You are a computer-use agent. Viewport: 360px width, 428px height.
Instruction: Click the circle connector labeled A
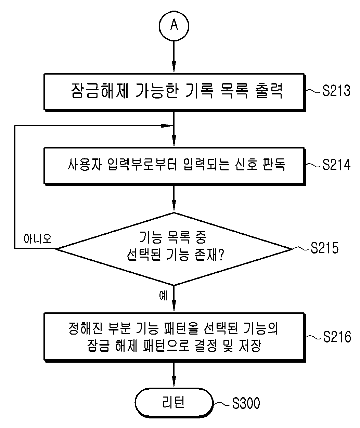pos(174,26)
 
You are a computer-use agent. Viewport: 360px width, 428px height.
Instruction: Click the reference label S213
pos(336,91)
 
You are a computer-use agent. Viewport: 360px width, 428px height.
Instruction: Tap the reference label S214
pos(336,165)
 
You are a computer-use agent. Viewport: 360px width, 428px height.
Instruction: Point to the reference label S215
pos(324,248)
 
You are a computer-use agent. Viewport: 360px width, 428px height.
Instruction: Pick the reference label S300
pos(246,403)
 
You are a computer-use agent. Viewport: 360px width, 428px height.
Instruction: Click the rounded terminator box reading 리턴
pos(174,403)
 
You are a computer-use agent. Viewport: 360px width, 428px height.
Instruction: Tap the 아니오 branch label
pos(38,238)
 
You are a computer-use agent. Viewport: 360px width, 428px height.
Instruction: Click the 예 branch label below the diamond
pos(163,296)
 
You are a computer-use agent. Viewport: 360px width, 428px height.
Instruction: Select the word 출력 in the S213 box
pos(269,91)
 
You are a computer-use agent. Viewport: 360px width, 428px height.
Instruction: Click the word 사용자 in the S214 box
pos(85,165)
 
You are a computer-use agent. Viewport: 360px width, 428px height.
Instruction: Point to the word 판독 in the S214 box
pos(274,165)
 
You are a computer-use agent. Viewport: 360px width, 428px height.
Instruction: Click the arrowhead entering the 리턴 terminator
pos(174,382)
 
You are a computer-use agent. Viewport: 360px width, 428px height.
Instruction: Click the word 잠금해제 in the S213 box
pos(100,91)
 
